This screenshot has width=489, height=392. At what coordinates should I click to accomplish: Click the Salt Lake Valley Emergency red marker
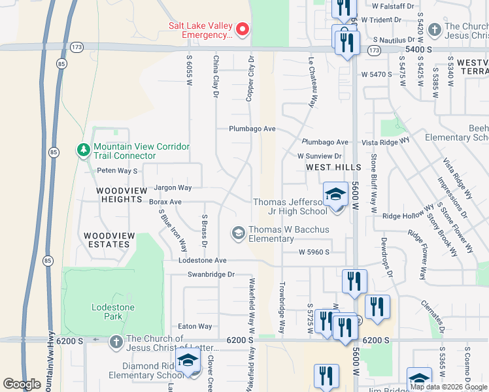[x=243, y=29]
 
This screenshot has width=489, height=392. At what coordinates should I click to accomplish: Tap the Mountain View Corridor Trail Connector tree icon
[x=83, y=151]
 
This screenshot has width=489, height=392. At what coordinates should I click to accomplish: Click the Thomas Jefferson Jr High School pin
[x=336, y=195]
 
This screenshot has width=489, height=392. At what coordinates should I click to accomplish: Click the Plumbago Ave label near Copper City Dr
[x=252, y=129]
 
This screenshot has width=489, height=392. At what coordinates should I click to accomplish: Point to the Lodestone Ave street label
[x=203, y=260]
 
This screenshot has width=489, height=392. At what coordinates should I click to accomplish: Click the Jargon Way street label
[x=173, y=188]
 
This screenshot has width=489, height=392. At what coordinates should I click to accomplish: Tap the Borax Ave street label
[x=165, y=202]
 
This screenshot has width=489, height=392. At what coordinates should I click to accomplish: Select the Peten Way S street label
[x=117, y=171]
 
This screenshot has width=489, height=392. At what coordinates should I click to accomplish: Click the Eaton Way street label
[x=195, y=326]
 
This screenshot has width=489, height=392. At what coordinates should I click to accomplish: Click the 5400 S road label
[x=419, y=49]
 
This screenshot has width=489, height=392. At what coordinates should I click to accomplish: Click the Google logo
[x=22, y=384]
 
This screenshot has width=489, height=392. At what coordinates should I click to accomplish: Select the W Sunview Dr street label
[x=320, y=156]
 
